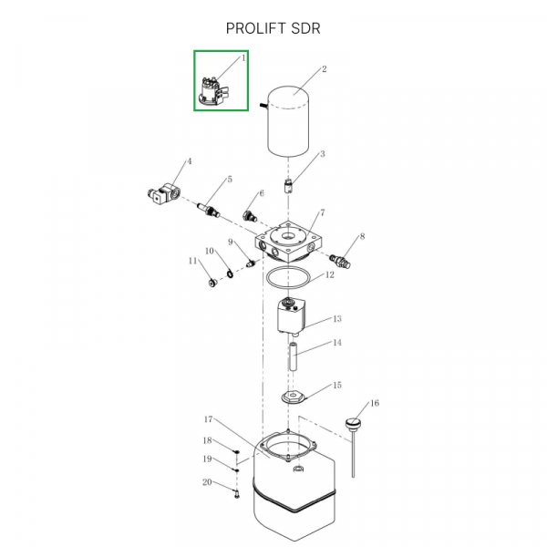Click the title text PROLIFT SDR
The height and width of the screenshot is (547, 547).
click(273, 28)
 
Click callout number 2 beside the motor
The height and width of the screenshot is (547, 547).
click(324, 69)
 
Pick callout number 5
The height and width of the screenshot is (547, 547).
click(230, 181)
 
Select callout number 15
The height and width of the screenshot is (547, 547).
click(336, 386)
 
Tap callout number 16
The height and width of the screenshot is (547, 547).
click(374, 404)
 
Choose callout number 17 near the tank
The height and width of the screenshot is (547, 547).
click(208, 419)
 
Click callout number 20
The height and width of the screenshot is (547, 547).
click(207, 481)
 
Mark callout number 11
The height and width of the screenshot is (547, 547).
click(192, 261)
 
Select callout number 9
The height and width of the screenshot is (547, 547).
click(232, 242)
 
